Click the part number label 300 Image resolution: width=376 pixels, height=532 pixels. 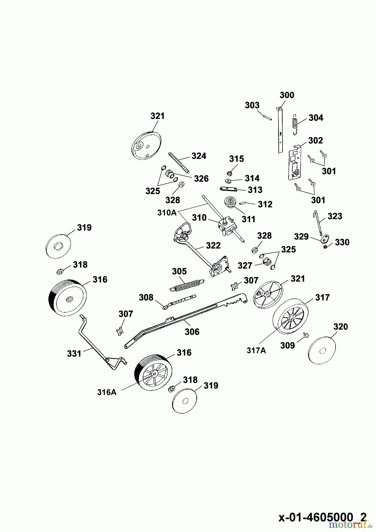pyautogui.click(x=287, y=95)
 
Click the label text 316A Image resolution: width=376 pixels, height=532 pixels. pyautogui.click(x=107, y=392)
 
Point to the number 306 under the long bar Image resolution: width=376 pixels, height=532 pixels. pyautogui.click(x=192, y=332)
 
